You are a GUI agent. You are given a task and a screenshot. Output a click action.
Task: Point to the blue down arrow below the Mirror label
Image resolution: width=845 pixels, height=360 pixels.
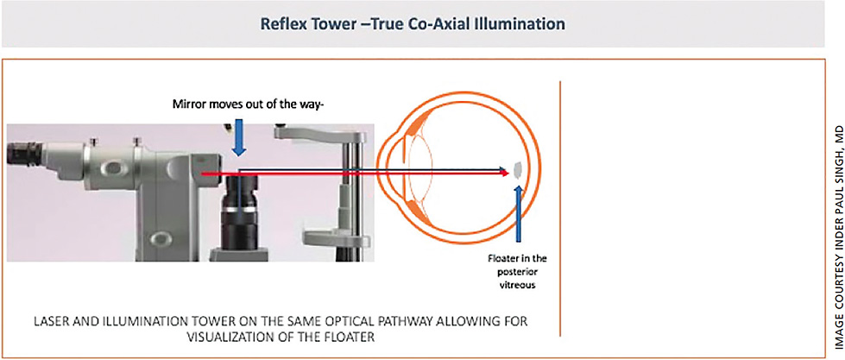[x=239, y=138]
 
